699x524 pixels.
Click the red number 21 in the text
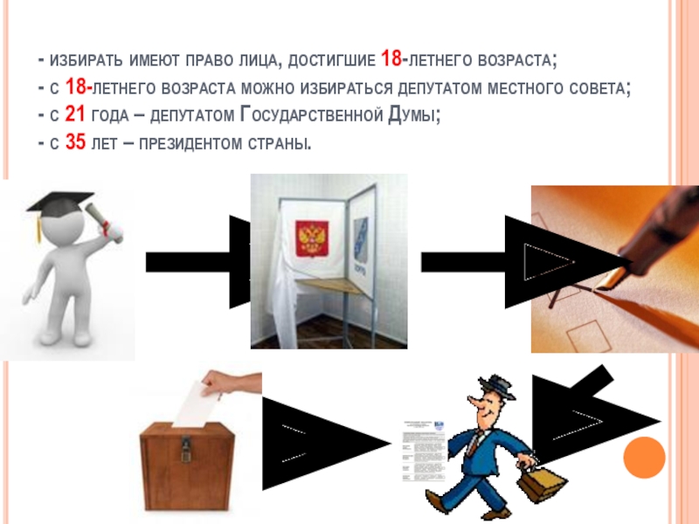pyautogui.click(x=75, y=114)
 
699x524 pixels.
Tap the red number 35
pyautogui.click(x=75, y=142)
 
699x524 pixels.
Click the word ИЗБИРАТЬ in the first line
pyautogui.click(x=86, y=60)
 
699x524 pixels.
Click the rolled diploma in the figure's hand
pyautogui.click(x=104, y=223)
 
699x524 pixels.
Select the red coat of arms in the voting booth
pyautogui.click(x=312, y=238)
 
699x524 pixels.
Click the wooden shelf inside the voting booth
pyautogui.click(x=330, y=286)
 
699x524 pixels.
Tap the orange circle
pyautogui.click(x=644, y=458)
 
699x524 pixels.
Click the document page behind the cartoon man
pyautogui.click(x=425, y=451)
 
